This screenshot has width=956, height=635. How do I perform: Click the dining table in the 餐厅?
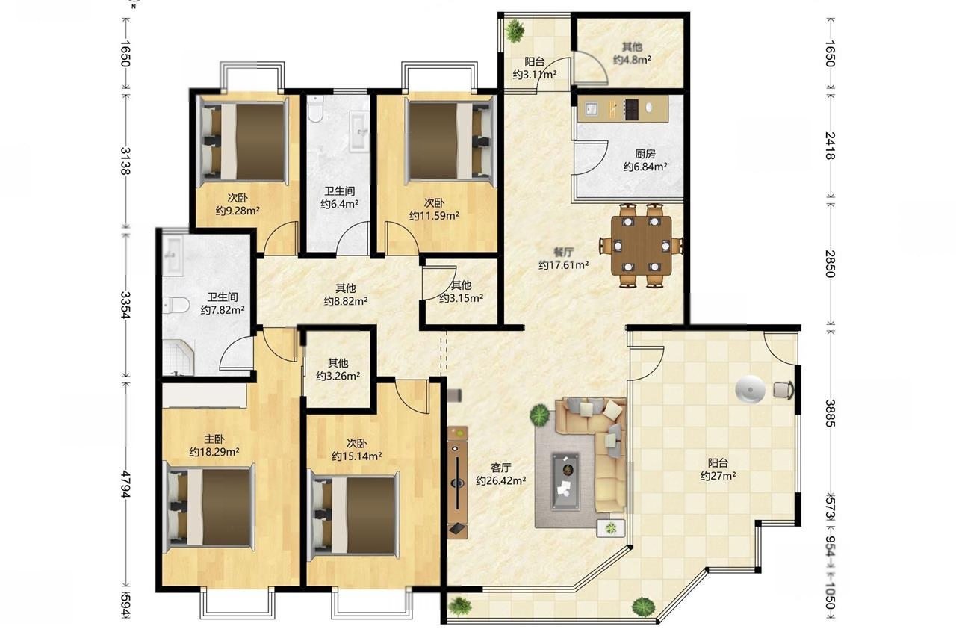coord(641,245)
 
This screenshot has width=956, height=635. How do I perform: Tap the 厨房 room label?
coord(645,154)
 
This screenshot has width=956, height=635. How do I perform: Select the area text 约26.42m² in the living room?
coord(500,480)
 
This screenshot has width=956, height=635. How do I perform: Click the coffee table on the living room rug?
coord(566,481)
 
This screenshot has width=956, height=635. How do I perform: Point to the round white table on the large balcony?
coord(751,388)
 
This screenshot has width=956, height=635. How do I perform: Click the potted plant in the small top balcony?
coord(515,31)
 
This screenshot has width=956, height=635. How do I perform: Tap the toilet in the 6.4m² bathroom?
coord(316,109)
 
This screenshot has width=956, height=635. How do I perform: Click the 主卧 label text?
coord(214,439)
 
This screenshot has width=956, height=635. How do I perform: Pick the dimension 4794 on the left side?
coord(125,484)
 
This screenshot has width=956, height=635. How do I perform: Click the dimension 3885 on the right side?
coord(830,413)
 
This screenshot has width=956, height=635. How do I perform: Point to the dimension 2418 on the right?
coord(830,146)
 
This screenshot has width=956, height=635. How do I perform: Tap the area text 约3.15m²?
coord(462,298)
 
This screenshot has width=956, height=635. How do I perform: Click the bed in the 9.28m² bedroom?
coord(243,142)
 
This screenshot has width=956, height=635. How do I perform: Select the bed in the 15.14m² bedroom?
coord(354,514)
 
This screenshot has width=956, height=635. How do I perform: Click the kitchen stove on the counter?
coord(631,108)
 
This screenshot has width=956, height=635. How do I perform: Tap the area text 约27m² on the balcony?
coord(718,475)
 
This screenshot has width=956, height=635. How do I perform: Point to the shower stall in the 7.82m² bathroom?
coord(178,357)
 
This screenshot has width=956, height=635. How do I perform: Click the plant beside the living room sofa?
coord(540,415)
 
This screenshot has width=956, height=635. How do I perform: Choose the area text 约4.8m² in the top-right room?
coord(632,59)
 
